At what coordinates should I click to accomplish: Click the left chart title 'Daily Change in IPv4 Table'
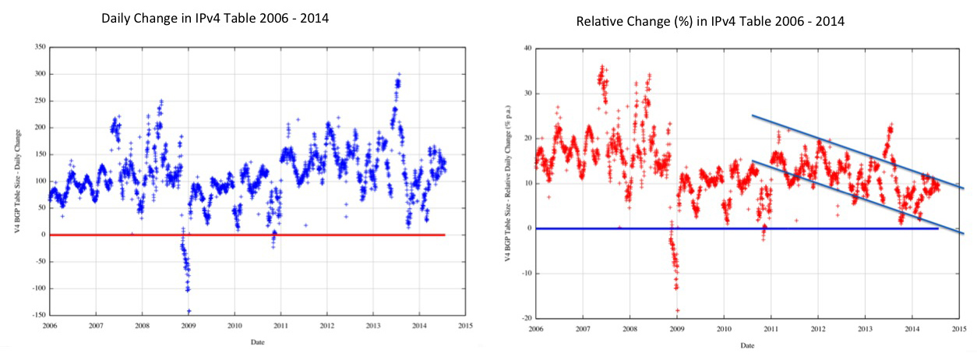[215, 17]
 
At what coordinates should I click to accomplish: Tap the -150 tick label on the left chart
[35, 316]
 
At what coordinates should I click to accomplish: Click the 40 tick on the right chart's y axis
[526, 48]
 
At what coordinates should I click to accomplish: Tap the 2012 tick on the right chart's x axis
[818, 328]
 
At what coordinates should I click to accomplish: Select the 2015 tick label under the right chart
[959, 328]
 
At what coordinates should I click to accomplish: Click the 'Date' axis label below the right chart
[746, 345]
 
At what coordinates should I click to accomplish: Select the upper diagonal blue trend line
[857, 151]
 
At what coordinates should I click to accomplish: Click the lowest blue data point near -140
[189, 310]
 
